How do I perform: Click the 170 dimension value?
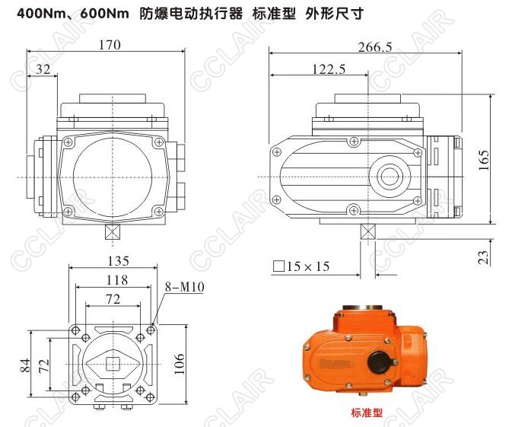(x=110, y=45)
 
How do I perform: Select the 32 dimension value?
(x=43, y=69)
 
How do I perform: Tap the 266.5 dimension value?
(x=375, y=47)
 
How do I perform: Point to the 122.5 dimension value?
(x=329, y=69)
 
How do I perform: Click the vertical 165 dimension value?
(x=484, y=160)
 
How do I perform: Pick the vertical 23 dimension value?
(x=484, y=257)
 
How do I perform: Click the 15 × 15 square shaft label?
(x=301, y=266)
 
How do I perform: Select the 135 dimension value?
(x=118, y=261)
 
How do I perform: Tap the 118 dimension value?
(x=117, y=280)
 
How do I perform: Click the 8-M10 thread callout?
(x=185, y=287)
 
